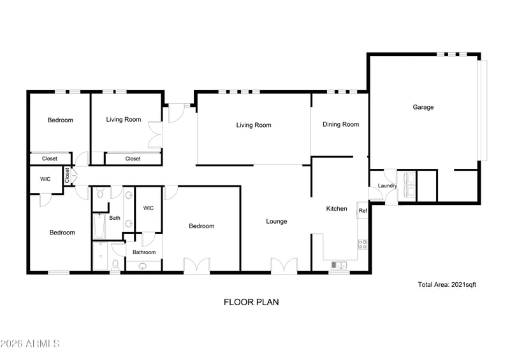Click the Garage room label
423,107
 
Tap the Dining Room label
340,125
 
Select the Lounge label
276,222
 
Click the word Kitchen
337,208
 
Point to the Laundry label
387,186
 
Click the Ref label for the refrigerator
362,211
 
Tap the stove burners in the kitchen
363,244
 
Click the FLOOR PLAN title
251,302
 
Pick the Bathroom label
144,252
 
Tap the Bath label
115,218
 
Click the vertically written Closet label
67,176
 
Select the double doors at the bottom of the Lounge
284,266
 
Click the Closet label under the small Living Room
133,159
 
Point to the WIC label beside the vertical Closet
45,179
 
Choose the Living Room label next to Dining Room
254,126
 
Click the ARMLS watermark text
30,344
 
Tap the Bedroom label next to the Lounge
201,226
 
